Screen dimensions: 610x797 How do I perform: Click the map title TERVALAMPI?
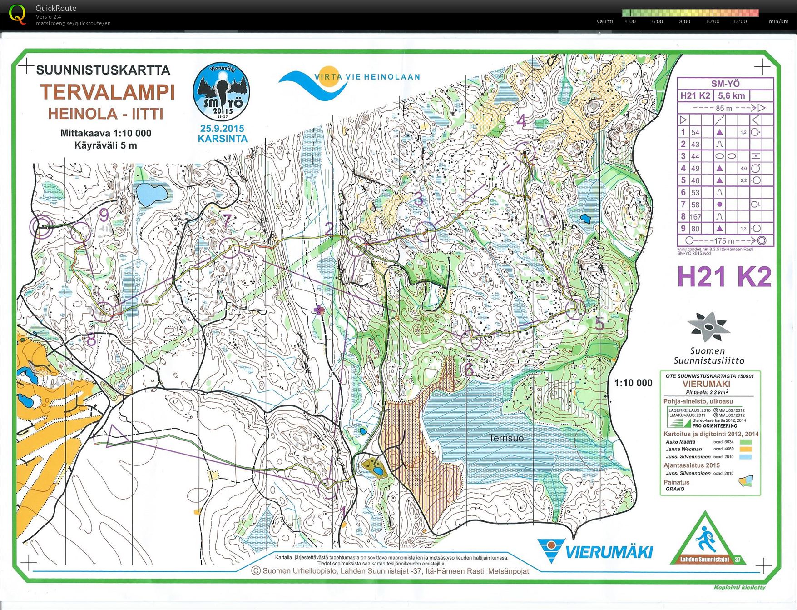point(107,92)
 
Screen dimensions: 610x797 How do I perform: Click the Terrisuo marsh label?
point(506,438)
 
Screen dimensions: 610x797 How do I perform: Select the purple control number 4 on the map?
point(522,121)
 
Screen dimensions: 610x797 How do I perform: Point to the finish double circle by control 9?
point(41,226)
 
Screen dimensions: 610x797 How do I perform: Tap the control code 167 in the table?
point(695,217)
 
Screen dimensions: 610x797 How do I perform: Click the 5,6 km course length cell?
point(731,95)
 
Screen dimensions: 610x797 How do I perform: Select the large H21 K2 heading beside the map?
point(724,276)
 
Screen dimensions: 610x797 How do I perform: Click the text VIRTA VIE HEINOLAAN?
point(367,77)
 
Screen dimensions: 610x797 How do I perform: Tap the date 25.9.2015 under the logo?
point(222,129)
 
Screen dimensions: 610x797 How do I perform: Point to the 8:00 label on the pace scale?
point(684,21)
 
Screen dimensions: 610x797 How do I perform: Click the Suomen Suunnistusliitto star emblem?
point(708,326)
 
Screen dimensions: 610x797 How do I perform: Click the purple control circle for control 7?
point(229,247)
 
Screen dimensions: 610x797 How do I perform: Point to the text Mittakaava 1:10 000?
point(106,133)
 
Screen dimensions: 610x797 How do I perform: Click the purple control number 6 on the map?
point(468,370)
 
